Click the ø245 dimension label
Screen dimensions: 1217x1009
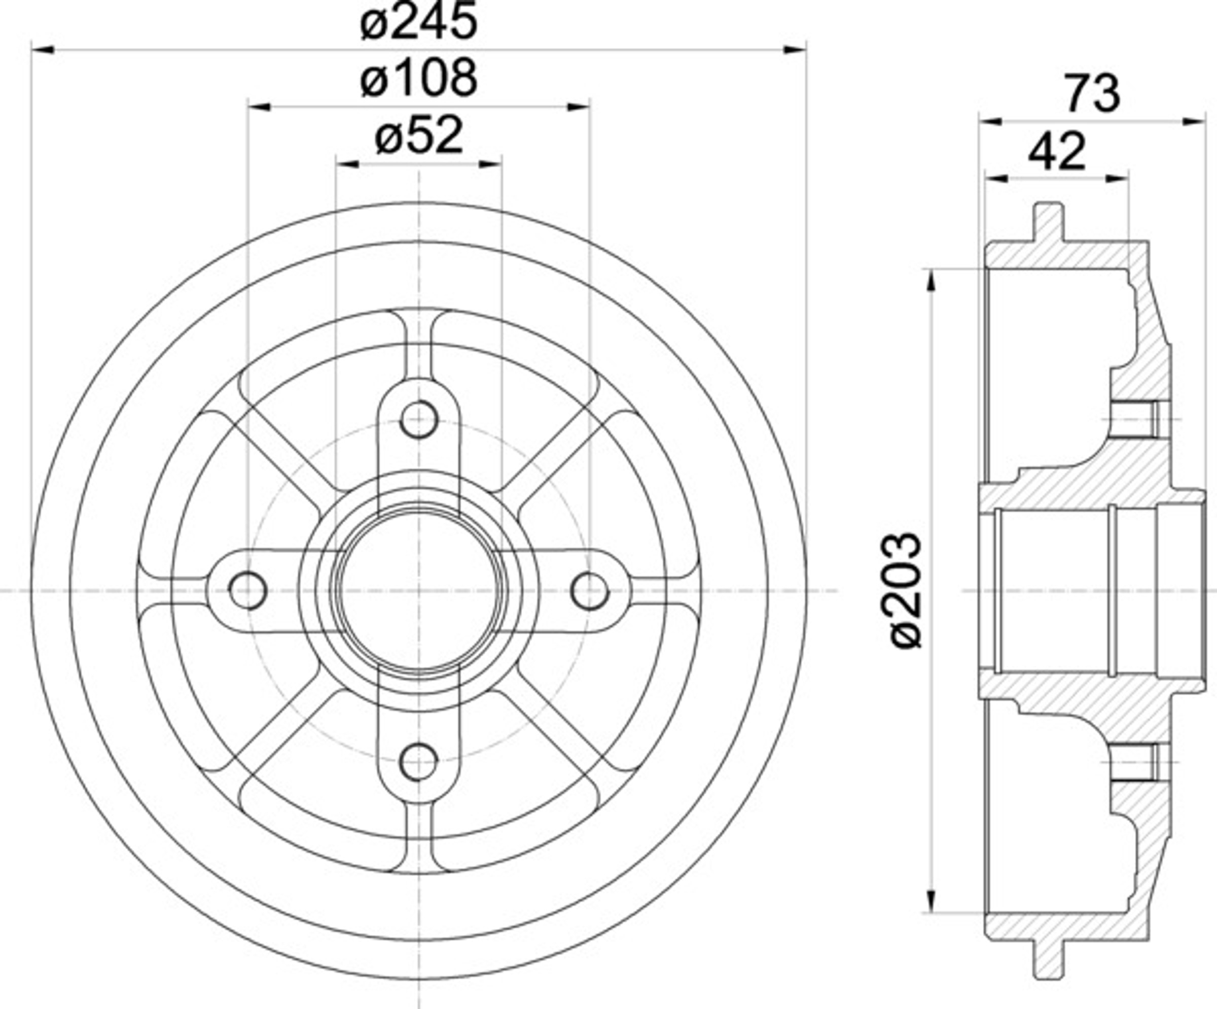click(x=418, y=22)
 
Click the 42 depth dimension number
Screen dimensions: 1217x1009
click(x=1056, y=152)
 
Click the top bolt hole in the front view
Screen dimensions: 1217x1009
click(x=418, y=419)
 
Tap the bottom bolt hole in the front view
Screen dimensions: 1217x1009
click(x=418, y=762)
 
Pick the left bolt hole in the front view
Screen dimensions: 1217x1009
click(x=248, y=590)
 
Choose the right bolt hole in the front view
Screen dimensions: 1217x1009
click(x=589, y=590)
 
